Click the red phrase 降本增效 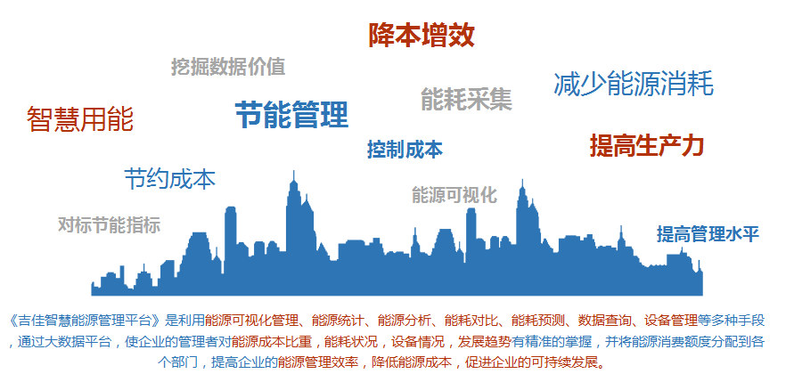422,35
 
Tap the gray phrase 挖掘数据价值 228,67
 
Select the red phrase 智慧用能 80,119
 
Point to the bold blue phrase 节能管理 291,114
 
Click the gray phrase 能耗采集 466,99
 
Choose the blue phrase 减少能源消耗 633,84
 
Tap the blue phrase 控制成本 405,150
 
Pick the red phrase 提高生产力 647,145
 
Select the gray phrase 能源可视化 454,195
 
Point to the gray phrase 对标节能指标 109,224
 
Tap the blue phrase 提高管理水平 708,234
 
